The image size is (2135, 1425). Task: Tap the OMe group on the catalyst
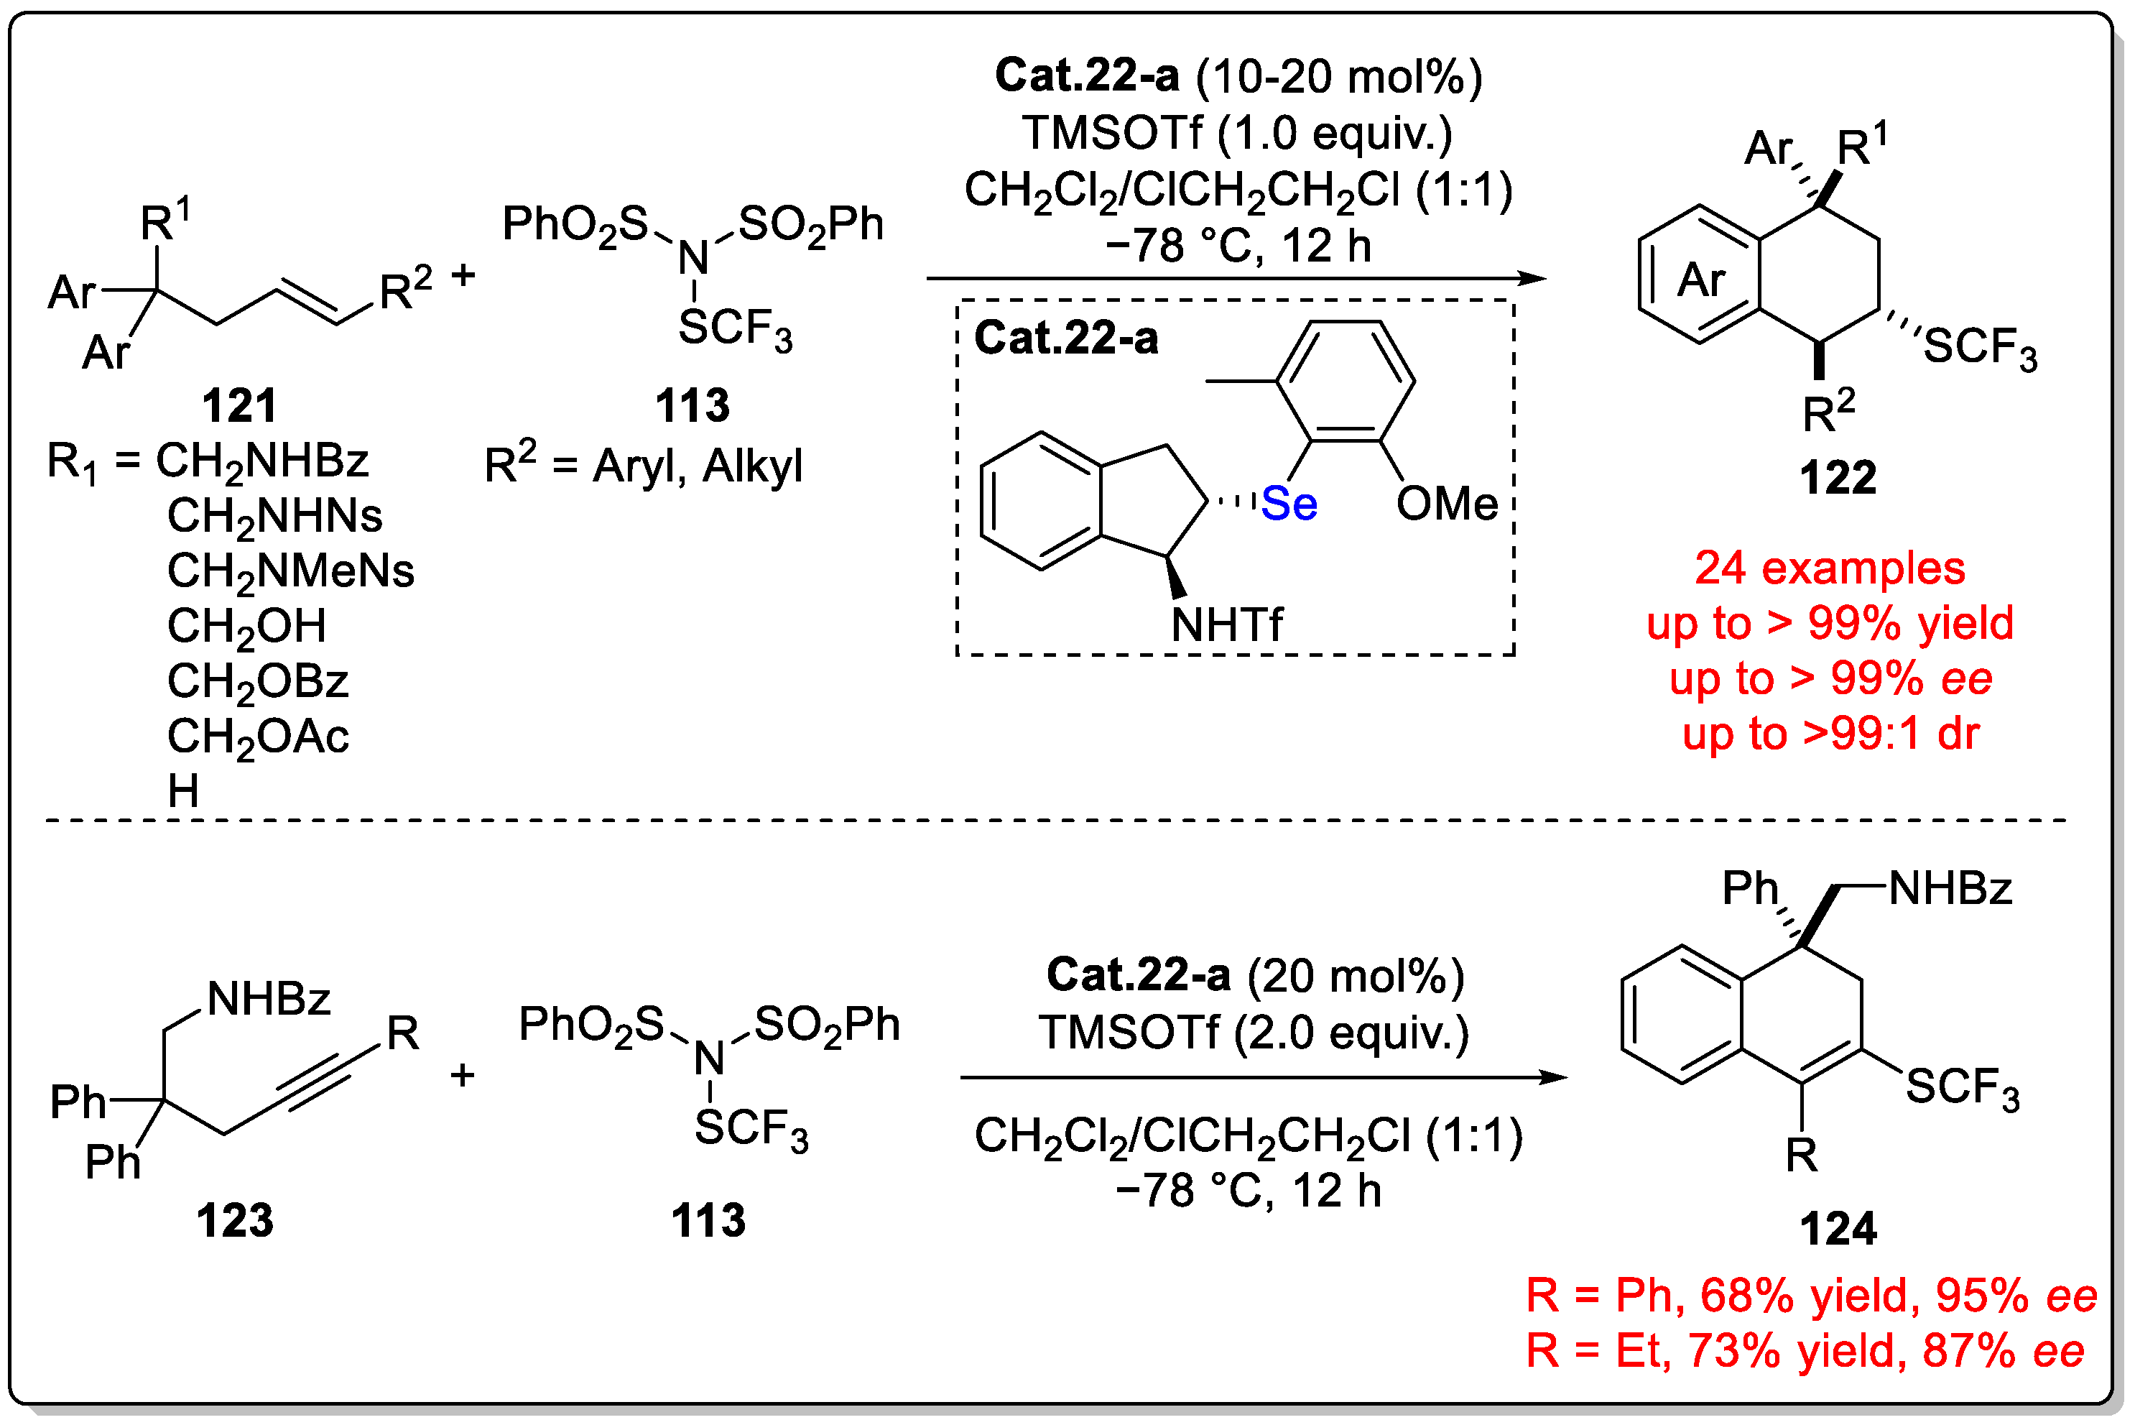click(x=1445, y=504)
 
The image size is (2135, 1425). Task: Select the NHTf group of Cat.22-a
click(x=1226, y=624)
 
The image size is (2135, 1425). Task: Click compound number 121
click(x=239, y=405)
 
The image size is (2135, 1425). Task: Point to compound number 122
click(x=1837, y=477)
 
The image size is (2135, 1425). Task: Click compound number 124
click(x=1837, y=1229)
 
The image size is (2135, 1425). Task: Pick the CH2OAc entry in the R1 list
click(x=257, y=736)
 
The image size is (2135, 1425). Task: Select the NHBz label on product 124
click(x=1950, y=888)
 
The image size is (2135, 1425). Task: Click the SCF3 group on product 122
click(x=1981, y=347)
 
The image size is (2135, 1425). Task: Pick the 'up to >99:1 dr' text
click(x=1830, y=734)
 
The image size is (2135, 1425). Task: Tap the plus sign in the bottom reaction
click(x=463, y=1075)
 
